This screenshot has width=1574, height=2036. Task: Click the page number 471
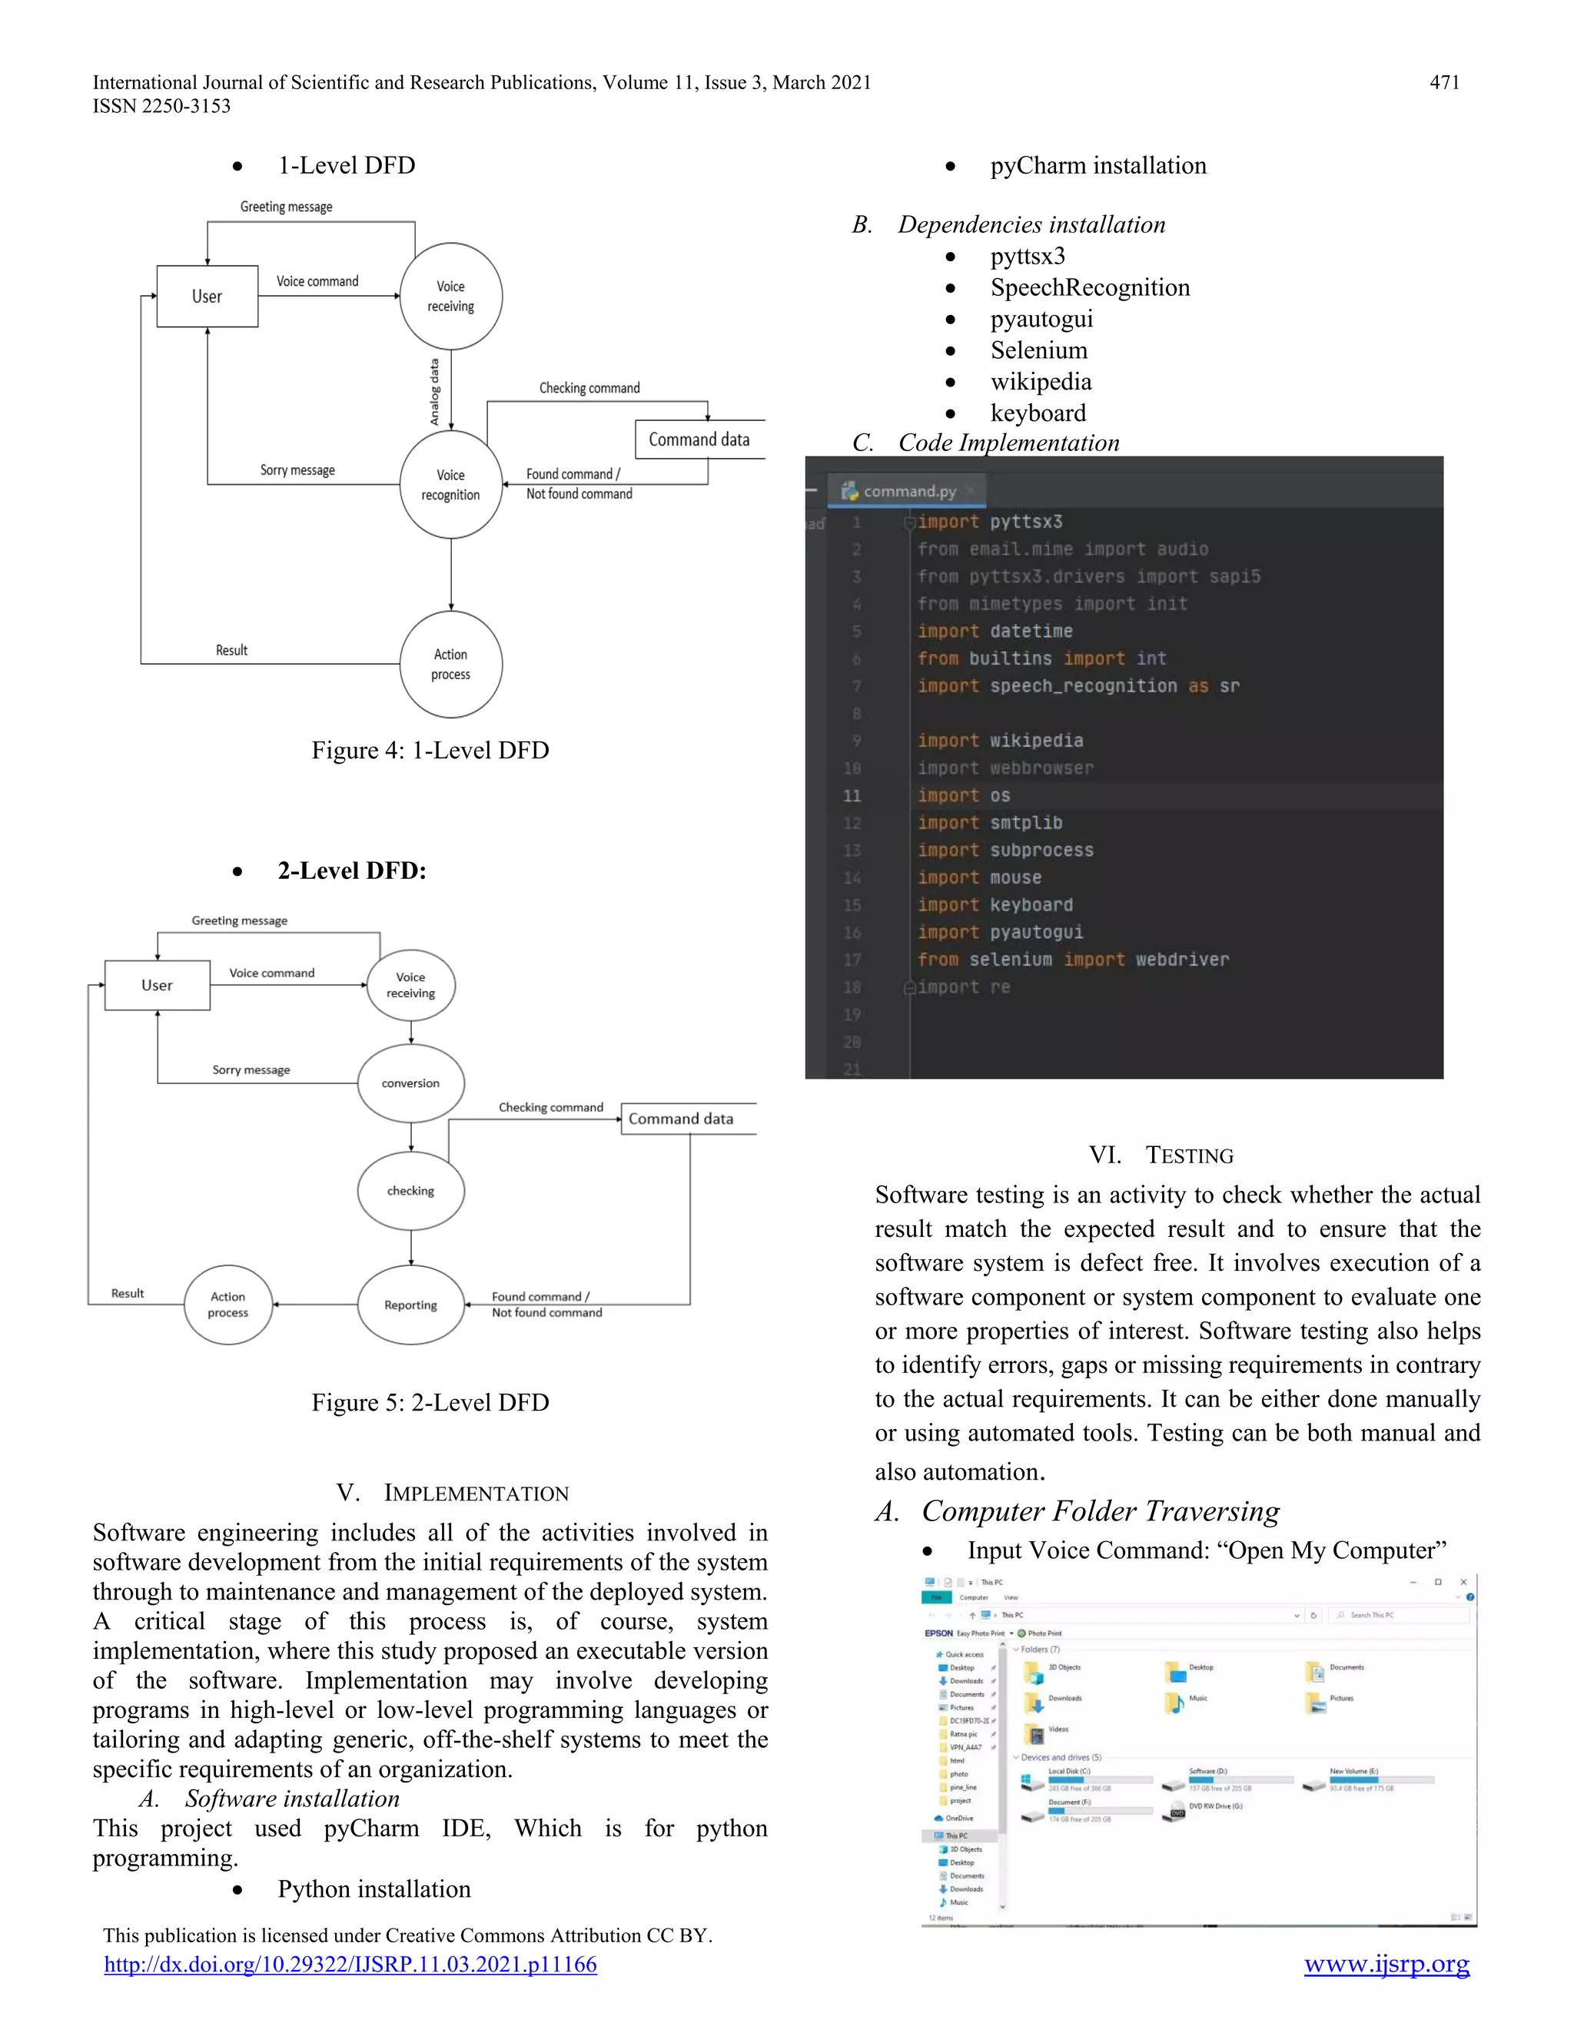[x=1443, y=82]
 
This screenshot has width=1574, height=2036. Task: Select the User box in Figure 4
[x=207, y=297]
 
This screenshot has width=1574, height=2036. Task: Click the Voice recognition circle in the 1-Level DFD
[x=450, y=485]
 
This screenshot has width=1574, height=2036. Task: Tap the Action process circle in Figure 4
[x=450, y=665]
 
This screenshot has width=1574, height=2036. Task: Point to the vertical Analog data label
[x=434, y=393]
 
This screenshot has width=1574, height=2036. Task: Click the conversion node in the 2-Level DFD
[x=410, y=1083]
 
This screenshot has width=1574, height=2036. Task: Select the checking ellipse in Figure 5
[x=410, y=1190]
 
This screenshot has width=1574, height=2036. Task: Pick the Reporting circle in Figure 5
[x=410, y=1305]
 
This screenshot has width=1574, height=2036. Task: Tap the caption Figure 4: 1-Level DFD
[x=430, y=751]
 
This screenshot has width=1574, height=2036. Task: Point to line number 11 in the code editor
[x=852, y=796]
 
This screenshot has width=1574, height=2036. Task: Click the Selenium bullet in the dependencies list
[x=1039, y=350]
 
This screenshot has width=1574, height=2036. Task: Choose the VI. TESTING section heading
[x=1161, y=1155]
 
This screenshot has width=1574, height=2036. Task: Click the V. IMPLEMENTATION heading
[x=452, y=1493]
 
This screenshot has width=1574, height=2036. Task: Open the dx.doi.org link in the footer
[x=350, y=1965]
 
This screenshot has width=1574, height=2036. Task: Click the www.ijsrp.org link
[x=1386, y=1965]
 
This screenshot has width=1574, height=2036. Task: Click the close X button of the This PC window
[x=1463, y=1582]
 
